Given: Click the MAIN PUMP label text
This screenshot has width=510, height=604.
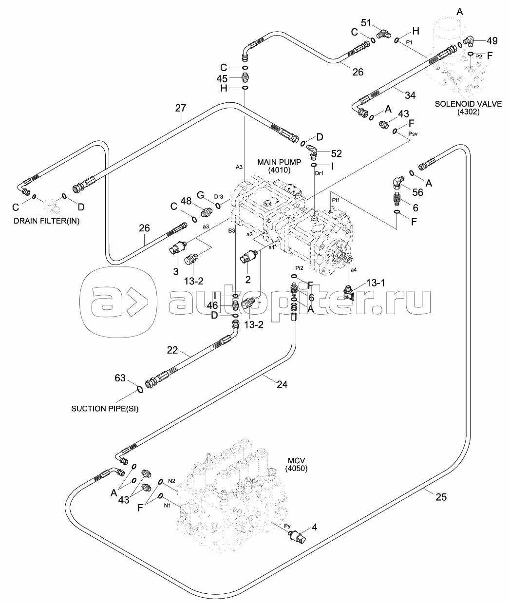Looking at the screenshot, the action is coord(279,162).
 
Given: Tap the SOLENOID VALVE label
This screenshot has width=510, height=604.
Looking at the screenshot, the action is coord(468,104).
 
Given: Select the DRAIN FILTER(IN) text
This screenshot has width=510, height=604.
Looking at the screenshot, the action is coord(47,221).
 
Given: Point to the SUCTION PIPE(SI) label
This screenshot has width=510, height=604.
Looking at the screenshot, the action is coord(105,409).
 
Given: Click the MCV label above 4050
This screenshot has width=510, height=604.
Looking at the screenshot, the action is coord(296,460).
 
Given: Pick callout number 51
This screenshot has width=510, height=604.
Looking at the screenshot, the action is coord(366,23).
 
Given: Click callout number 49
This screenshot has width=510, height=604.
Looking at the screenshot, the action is coord(492,41).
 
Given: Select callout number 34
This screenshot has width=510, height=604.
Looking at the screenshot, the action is coord(410,95).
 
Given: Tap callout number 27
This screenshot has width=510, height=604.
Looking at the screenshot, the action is coord(181,108).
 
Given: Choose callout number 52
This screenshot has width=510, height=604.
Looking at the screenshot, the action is coord(336,153).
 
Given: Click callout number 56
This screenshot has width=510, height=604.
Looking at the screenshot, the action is coord(417,192).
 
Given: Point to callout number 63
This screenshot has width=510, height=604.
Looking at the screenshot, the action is coord(120,378).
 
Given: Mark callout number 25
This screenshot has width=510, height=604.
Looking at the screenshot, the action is coord(441,497).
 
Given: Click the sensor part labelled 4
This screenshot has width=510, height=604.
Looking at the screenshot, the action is coord(297,537).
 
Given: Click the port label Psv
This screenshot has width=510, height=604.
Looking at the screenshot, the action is coord(413,134).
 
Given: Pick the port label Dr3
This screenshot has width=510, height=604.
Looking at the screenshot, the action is coord(219,197).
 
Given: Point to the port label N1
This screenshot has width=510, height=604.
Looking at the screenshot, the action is coord(167,506).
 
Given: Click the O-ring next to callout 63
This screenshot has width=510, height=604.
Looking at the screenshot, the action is coord(140,389).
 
